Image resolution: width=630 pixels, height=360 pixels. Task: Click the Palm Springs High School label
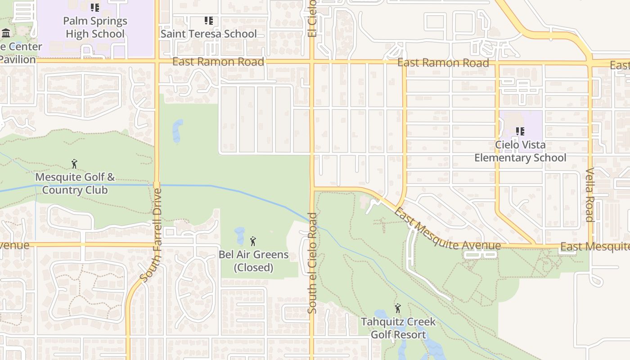[x=95, y=27]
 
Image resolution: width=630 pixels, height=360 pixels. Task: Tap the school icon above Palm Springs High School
[x=94, y=8]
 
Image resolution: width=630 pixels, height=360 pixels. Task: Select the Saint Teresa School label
[x=208, y=34]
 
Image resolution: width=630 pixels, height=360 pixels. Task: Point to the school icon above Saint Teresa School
[x=208, y=21]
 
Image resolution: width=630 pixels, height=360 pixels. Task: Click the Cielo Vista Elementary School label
[x=520, y=151]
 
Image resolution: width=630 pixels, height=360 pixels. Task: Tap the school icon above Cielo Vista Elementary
[x=520, y=131]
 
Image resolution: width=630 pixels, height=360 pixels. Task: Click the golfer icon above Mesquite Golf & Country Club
[x=74, y=164]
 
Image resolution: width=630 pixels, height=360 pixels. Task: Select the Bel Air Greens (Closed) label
[x=253, y=261]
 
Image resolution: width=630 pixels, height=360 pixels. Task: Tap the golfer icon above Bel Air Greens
[x=253, y=242]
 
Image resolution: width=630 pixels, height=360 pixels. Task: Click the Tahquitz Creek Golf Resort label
[x=398, y=328]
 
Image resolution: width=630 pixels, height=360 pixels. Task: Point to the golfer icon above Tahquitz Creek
[x=398, y=308]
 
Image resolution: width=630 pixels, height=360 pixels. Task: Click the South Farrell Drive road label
[x=150, y=235]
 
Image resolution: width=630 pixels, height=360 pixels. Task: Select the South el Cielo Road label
[x=313, y=263]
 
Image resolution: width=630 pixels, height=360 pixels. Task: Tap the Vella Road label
[x=590, y=195]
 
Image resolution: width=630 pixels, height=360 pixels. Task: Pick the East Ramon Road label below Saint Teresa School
[x=218, y=62]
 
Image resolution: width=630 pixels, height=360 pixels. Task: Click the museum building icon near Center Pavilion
[x=6, y=33]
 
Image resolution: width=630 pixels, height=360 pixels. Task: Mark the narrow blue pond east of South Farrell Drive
[x=178, y=131]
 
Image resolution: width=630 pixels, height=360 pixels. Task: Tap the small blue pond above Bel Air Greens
[x=239, y=235]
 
